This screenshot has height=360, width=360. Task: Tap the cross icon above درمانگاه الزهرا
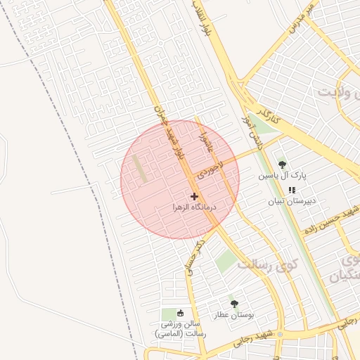click(x=194, y=196)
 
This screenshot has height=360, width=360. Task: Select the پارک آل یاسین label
click(x=282, y=176)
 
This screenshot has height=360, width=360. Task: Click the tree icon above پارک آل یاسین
click(x=282, y=165)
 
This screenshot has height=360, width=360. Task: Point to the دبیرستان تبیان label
click(x=292, y=200)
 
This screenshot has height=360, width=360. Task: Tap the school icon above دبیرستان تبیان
click(x=292, y=189)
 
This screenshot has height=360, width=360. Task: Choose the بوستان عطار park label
click(x=234, y=316)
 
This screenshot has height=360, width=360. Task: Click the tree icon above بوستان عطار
click(x=234, y=304)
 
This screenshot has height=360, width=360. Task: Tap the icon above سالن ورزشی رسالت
click(x=181, y=313)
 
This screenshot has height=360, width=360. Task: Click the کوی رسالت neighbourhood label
click(x=267, y=266)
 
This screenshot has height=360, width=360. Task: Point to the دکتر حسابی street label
click(x=193, y=257)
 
